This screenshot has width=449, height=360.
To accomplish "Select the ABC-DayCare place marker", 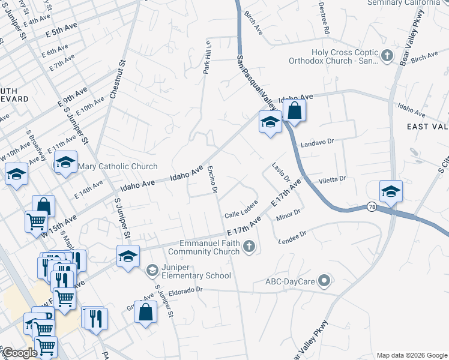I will point(325,280).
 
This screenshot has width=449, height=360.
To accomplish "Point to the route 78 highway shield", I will point(372,206).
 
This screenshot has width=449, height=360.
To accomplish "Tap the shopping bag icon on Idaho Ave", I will point(295,110).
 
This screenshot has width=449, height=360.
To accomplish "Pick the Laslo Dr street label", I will point(280,172).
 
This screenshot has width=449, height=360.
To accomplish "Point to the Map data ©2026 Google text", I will point(412,355).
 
